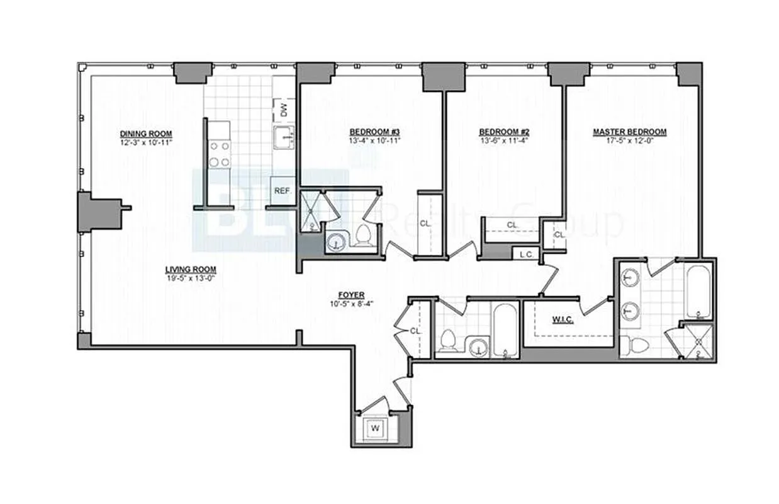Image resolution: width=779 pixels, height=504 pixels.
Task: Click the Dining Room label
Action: (146, 134)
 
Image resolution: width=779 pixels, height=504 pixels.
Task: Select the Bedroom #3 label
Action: (375, 132)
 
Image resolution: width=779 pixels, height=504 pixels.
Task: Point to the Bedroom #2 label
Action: (504, 132)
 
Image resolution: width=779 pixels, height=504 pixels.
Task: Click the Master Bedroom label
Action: (629, 132)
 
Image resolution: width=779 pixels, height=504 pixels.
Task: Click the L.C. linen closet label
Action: (526, 255)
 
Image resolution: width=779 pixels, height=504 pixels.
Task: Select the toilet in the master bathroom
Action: (636, 345)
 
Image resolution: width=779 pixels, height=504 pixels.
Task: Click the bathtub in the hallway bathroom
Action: (505, 331)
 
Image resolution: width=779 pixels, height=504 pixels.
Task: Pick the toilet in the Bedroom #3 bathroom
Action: (362, 237)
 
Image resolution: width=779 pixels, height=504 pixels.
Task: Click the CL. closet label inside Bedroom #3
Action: (425, 223)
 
